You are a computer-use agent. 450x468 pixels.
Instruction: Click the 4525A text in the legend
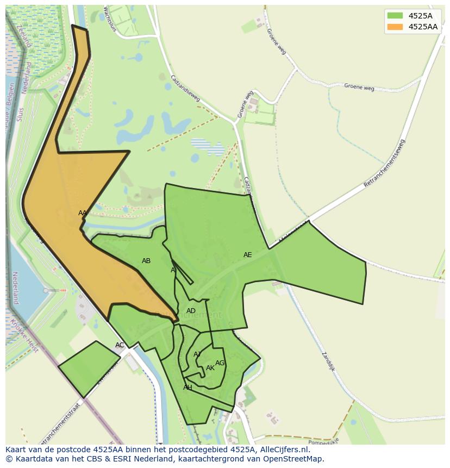pos(420,16)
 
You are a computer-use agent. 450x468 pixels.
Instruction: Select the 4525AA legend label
pos(423,27)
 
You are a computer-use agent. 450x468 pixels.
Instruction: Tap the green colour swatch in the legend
pos(395,16)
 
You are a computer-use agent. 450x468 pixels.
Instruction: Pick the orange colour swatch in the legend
pos(395,27)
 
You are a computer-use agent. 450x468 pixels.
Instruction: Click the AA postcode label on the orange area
pos(83,213)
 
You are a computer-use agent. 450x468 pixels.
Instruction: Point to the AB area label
pos(146,261)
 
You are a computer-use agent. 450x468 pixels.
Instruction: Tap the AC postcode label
pos(120,345)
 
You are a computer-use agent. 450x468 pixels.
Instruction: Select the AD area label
pos(191,311)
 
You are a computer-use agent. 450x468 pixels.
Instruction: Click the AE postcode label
pos(248,255)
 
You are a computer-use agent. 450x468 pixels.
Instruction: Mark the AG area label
pos(220,363)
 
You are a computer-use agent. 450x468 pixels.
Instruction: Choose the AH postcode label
pos(187,388)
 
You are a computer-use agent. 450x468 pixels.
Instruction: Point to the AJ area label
pos(197,354)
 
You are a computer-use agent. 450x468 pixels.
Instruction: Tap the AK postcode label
pos(210,368)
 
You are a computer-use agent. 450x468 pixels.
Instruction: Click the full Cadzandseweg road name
pos(185,88)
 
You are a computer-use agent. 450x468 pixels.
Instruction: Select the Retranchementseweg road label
pos(384,164)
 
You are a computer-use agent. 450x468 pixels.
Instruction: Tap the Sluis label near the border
pos(20,115)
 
